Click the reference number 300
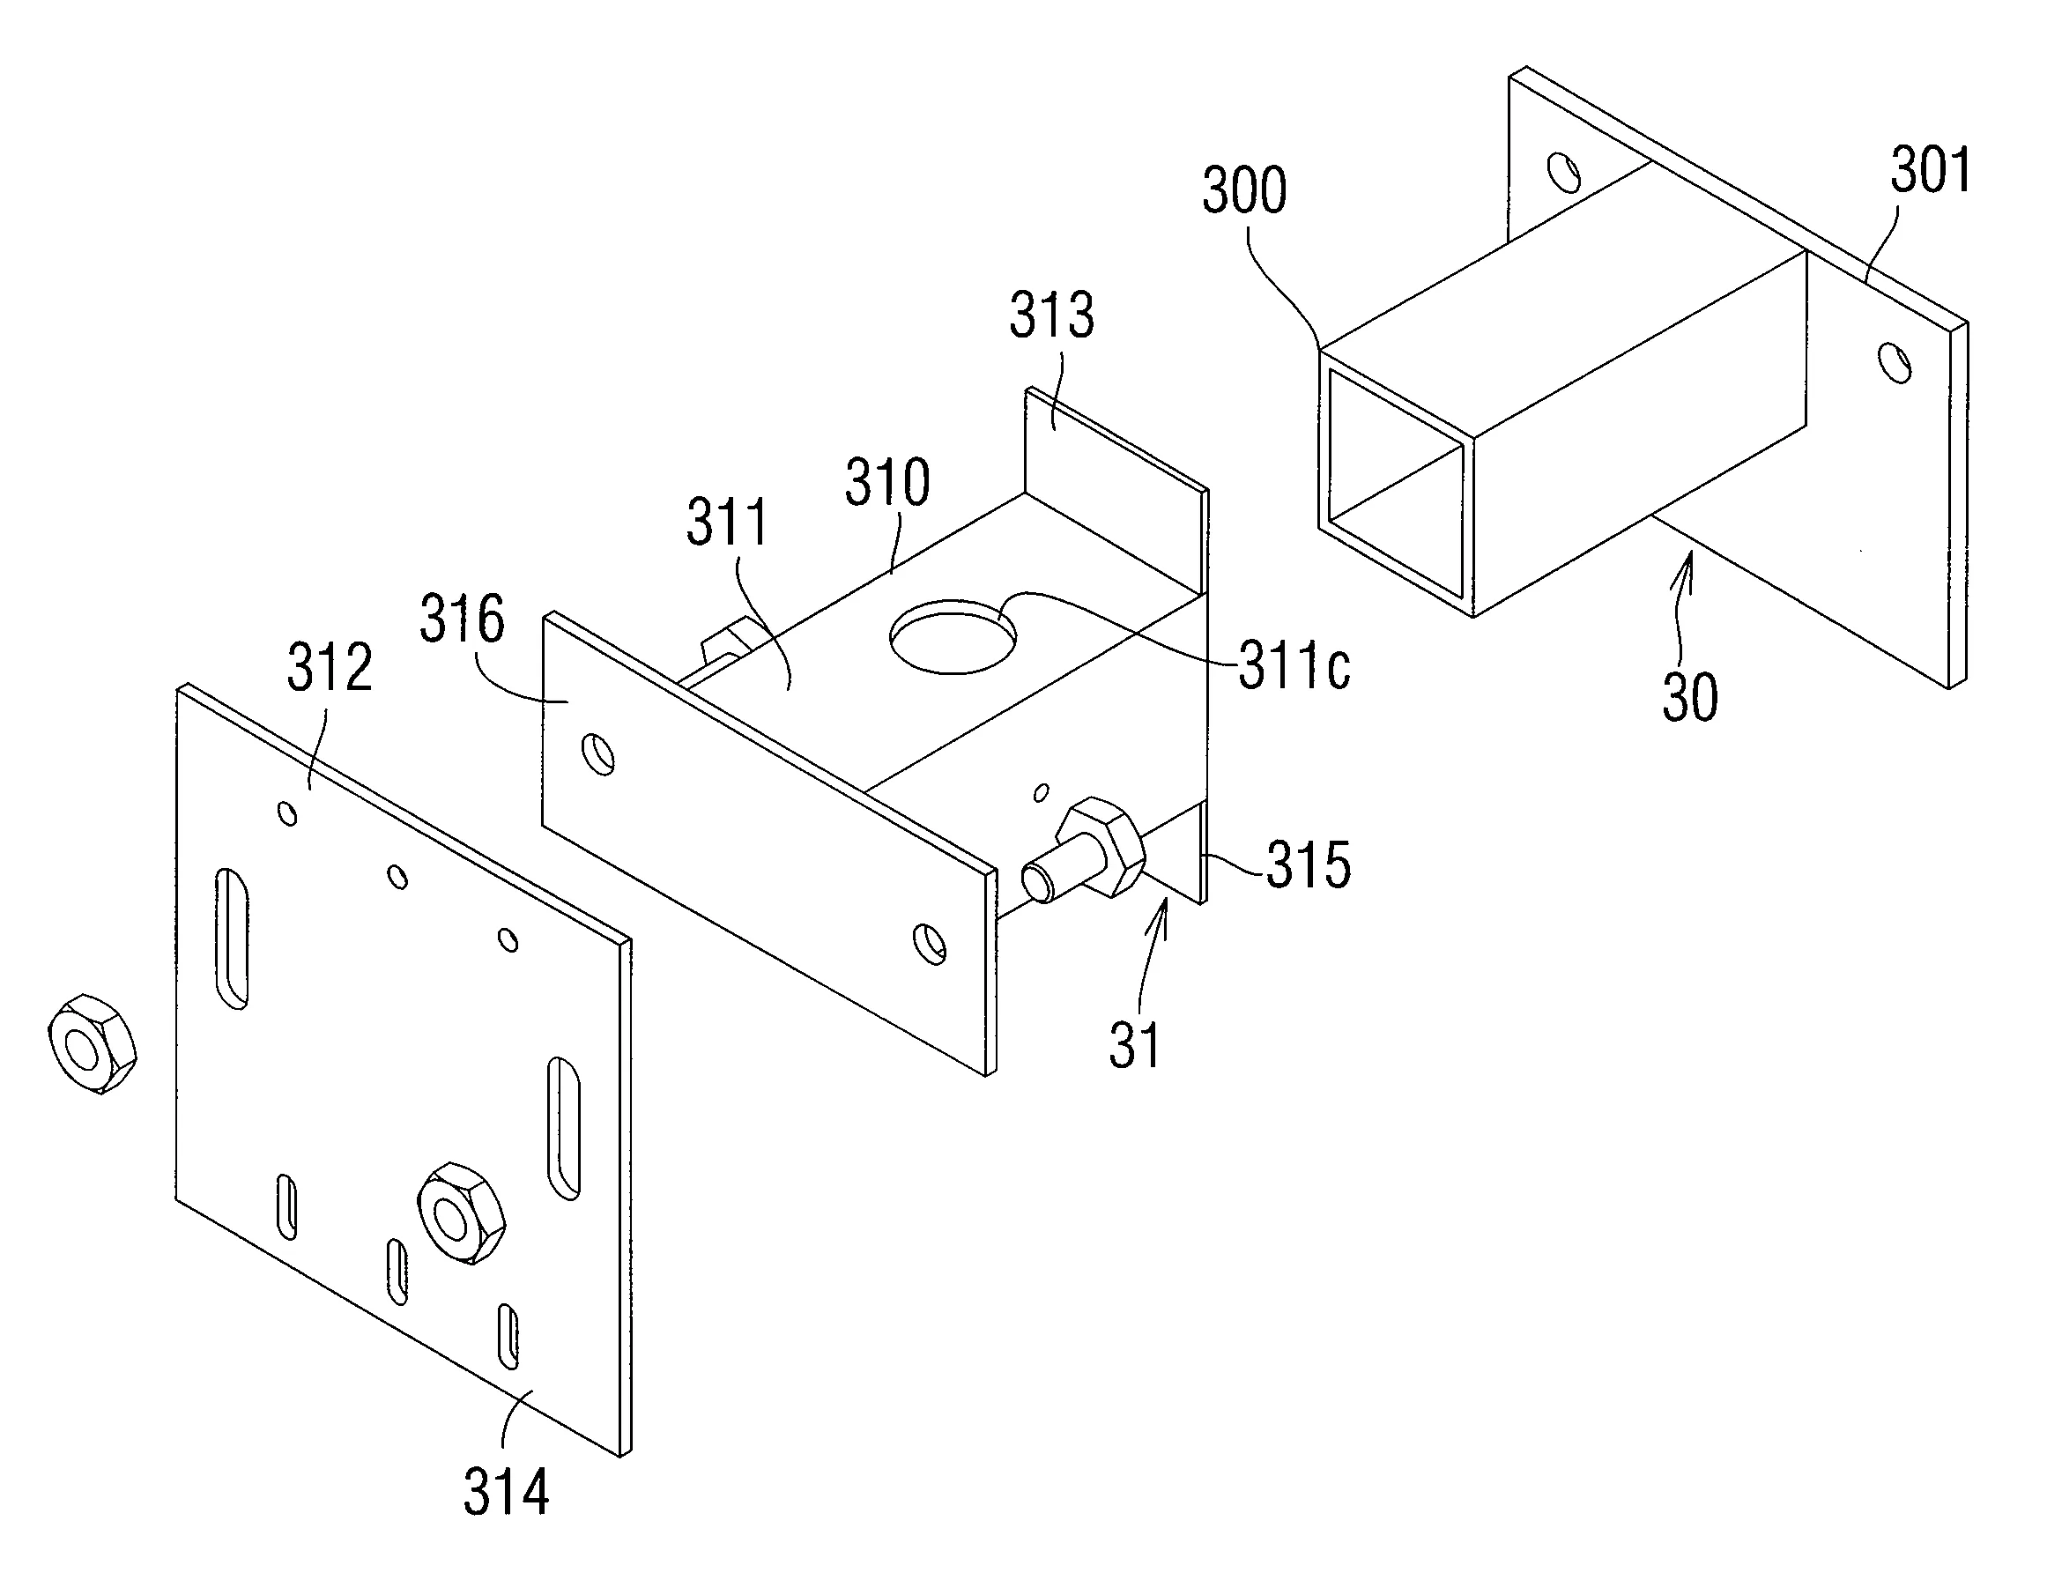pyautogui.click(x=1245, y=190)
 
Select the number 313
pyautogui.click(x=1051, y=315)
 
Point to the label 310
pyautogui.click(x=886, y=482)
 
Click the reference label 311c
pyautogui.click(x=1294, y=666)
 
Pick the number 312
pyautogui.click(x=330, y=667)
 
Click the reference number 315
pyautogui.click(x=1309, y=864)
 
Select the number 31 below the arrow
pyautogui.click(x=1135, y=1045)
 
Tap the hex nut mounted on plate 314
pyautogui.click(x=461, y=1213)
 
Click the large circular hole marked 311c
pyautogui.click(x=953, y=637)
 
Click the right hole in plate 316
pyautogui.click(x=930, y=943)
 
